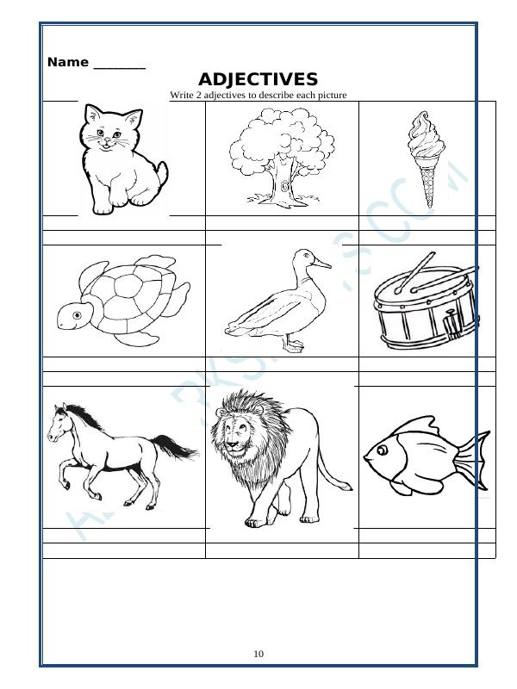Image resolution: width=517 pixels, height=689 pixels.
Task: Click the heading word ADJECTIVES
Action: click(258, 79)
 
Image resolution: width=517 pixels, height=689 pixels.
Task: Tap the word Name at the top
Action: click(68, 62)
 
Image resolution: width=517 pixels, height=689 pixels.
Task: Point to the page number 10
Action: click(258, 654)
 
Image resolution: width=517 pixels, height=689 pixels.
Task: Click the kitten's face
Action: click(107, 135)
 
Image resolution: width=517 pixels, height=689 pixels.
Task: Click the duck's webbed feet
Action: click(295, 346)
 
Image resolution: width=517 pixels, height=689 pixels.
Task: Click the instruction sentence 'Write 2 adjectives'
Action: click(258, 95)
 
